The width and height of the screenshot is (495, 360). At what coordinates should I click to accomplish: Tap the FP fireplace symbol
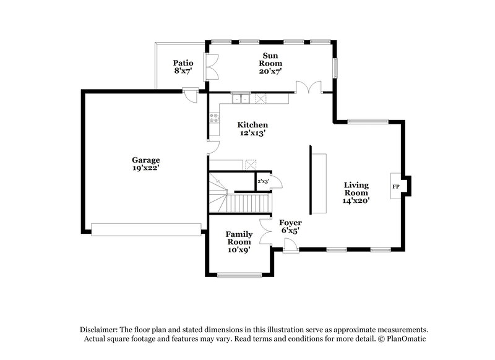[395, 186]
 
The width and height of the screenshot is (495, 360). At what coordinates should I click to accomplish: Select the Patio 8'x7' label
[183, 67]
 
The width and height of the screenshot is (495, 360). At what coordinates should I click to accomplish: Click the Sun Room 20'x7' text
[270, 63]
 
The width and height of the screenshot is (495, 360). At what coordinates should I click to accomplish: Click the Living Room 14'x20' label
[356, 193]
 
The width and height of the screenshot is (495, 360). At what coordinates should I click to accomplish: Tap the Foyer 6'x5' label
[290, 226]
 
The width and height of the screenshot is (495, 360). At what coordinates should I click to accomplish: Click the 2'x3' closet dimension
[263, 182]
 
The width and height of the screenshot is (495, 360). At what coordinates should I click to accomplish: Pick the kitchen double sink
[240, 98]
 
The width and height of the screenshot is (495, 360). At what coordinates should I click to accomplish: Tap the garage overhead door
[146, 229]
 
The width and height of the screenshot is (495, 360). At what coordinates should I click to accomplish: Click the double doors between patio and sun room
[212, 67]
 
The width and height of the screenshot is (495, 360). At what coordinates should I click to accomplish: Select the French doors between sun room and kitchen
[308, 88]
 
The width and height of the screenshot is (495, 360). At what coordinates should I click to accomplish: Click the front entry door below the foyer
[290, 248]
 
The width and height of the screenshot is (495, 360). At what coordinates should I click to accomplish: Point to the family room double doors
[265, 229]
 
